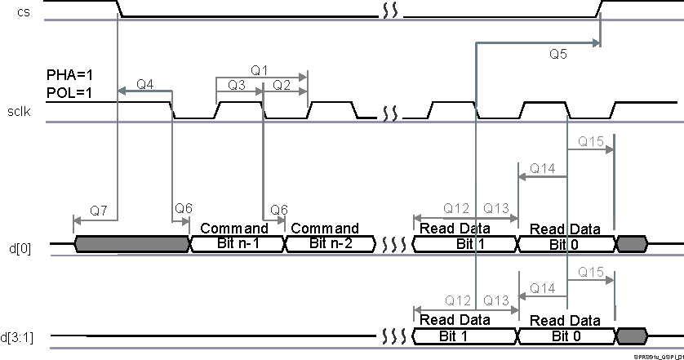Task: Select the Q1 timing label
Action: pos(260,71)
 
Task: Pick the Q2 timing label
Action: pos(282,85)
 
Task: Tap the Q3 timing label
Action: pos(237,85)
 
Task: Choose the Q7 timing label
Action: pos(98,211)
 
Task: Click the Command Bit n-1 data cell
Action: pos(236,243)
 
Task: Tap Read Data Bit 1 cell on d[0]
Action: pos(464,243)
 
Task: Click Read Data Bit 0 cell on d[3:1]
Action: pos(566,336)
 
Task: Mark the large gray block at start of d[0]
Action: pos(131,243)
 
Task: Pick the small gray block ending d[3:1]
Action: pos(631,336)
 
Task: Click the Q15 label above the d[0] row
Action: pos(590,142)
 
